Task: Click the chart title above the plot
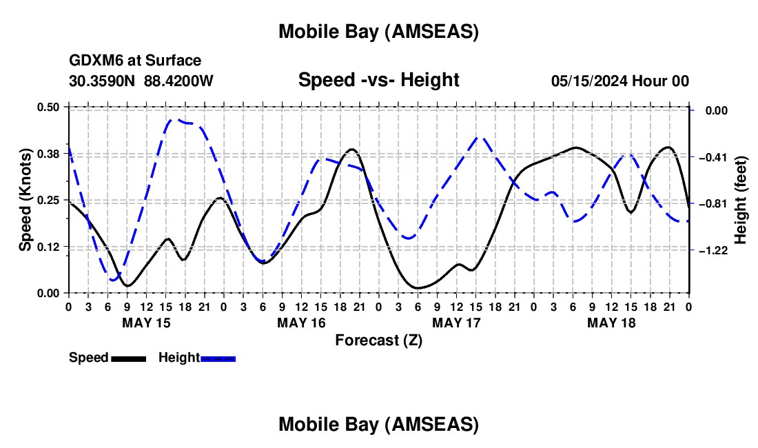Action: click(x=378, y=32)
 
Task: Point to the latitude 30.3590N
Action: click(x=103, y=81)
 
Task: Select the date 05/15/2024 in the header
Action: click(x=589, y=81)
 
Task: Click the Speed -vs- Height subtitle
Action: click(x=378, y=80)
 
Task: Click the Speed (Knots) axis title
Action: click(x=25, y=200)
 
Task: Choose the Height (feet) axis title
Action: click(x=741, y=200)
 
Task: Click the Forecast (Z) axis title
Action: click(x=378, y=340)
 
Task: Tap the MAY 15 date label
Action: click(x=145, y=323)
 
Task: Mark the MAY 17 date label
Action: click(x=455, y=323)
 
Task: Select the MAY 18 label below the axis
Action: click(x=611, y=323)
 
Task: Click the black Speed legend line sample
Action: click(x=128, y=358)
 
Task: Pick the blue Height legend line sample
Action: click(x=218, y=358)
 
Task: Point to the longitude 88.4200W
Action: click(x=178, y=81)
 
